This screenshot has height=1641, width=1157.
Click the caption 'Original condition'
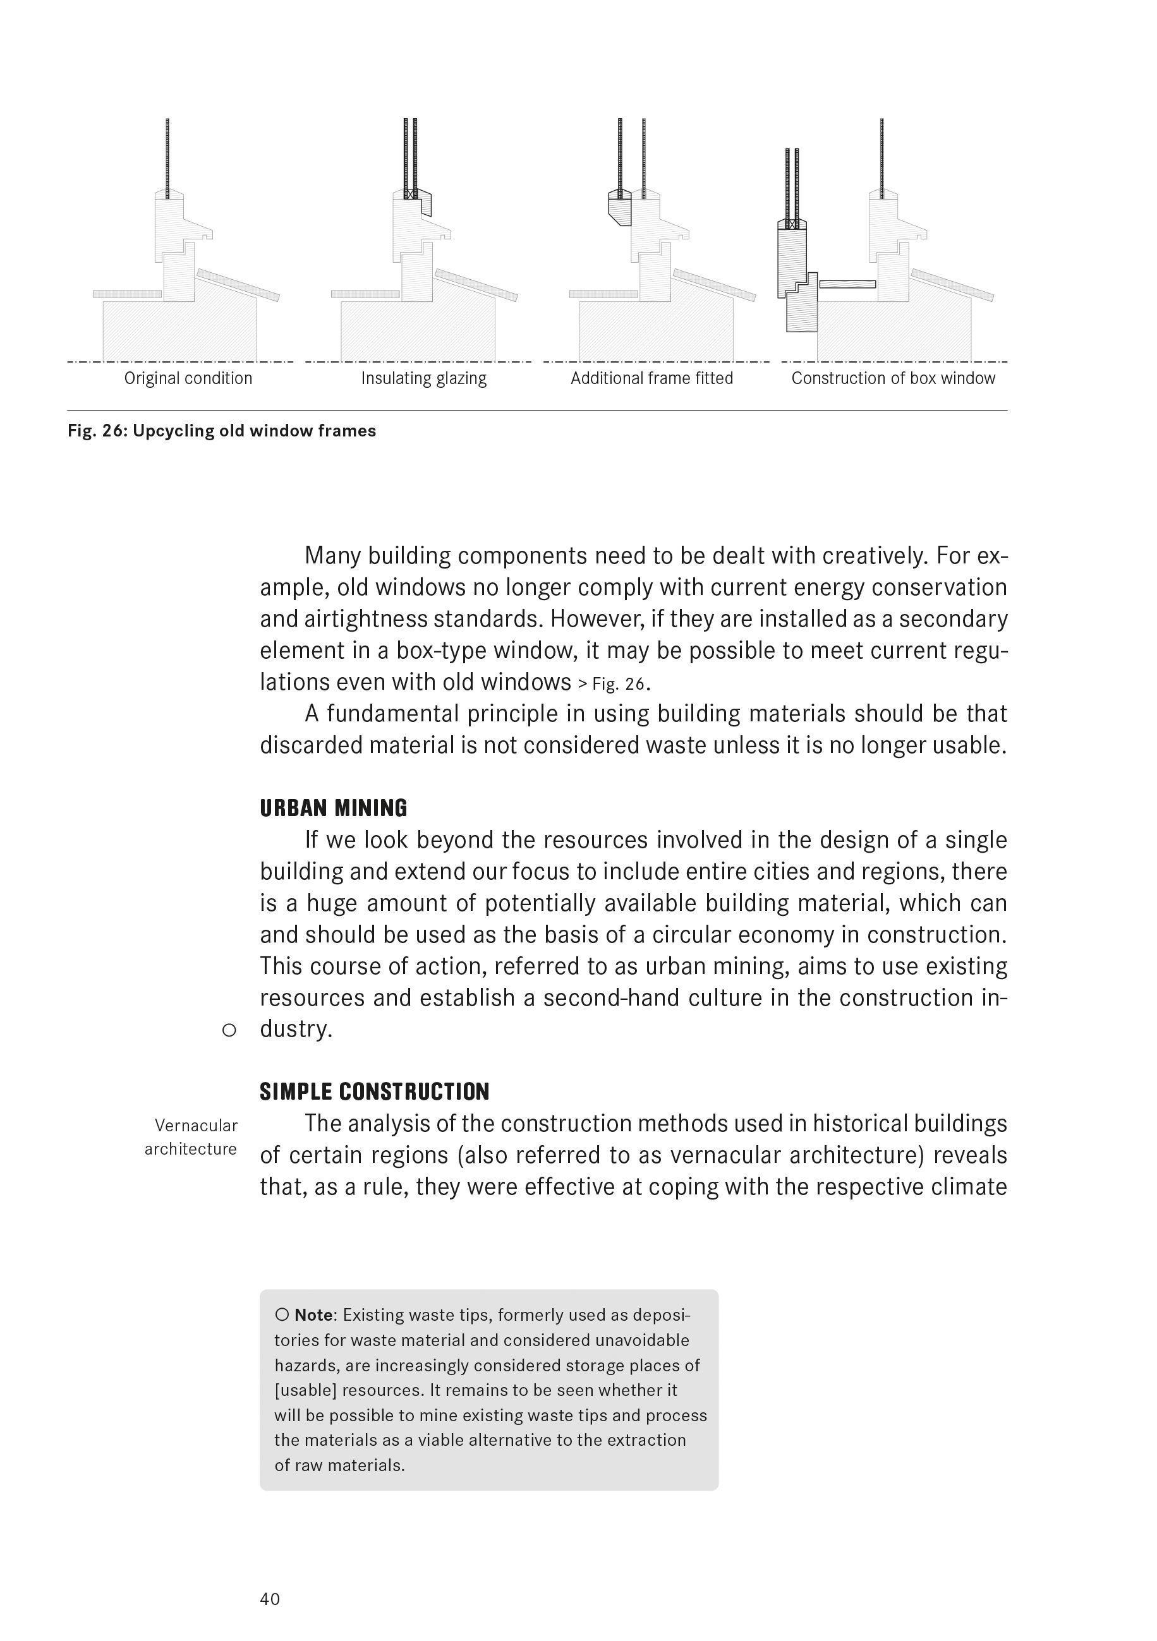pyautogui.click(x=188, y=378)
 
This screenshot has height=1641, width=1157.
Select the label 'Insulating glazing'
pyautogui.click(x=423, y=378)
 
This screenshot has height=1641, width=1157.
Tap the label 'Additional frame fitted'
pyautogui.click(x=651, y=378)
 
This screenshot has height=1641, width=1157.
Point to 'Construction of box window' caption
pyautogui.click(x=892, y=378)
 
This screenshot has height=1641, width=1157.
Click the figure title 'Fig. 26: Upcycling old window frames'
pyautogui.click(x=222, y=431)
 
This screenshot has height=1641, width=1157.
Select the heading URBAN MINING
pyautogui.click(x=333, y=808)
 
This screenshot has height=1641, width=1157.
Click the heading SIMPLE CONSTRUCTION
pyautogui.click(x=374, y=1092)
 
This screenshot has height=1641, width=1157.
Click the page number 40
pyautogui.click(x=270, y=1599)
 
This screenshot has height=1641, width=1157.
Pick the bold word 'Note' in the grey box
pyautogui.click(x=313, y=1315)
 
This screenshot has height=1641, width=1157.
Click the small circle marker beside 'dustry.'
pyautogui.click(x=229, y=1031)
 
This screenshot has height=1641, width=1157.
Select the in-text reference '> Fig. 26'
pyautogui.click(x=612, y=684)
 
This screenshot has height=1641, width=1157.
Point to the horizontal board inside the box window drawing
pyautogui.click(x=847, y=284)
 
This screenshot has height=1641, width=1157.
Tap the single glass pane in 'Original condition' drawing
pyautogui.click(x=167, y=157)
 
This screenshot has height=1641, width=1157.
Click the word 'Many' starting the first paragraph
pyautogui.click(x=332, y=555)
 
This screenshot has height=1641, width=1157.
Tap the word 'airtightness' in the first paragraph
pyautogui.click(x=365, y=619)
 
